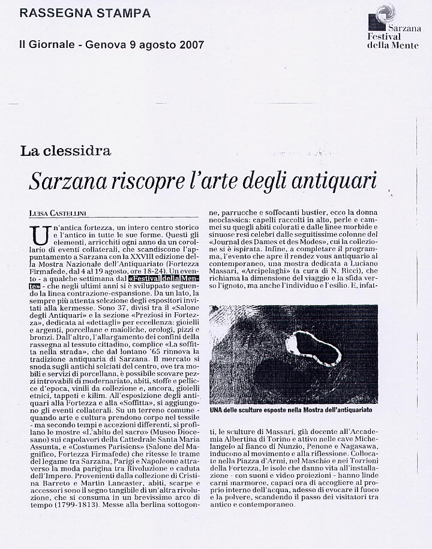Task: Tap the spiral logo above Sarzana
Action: [385, 14]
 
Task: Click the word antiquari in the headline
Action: [329, 180]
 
